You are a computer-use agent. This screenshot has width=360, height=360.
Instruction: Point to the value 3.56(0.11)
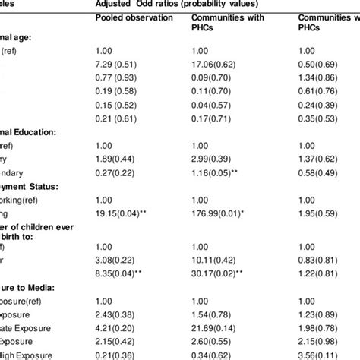coord(319,355)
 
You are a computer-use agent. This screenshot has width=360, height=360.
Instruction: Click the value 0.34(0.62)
coord(213,355)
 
